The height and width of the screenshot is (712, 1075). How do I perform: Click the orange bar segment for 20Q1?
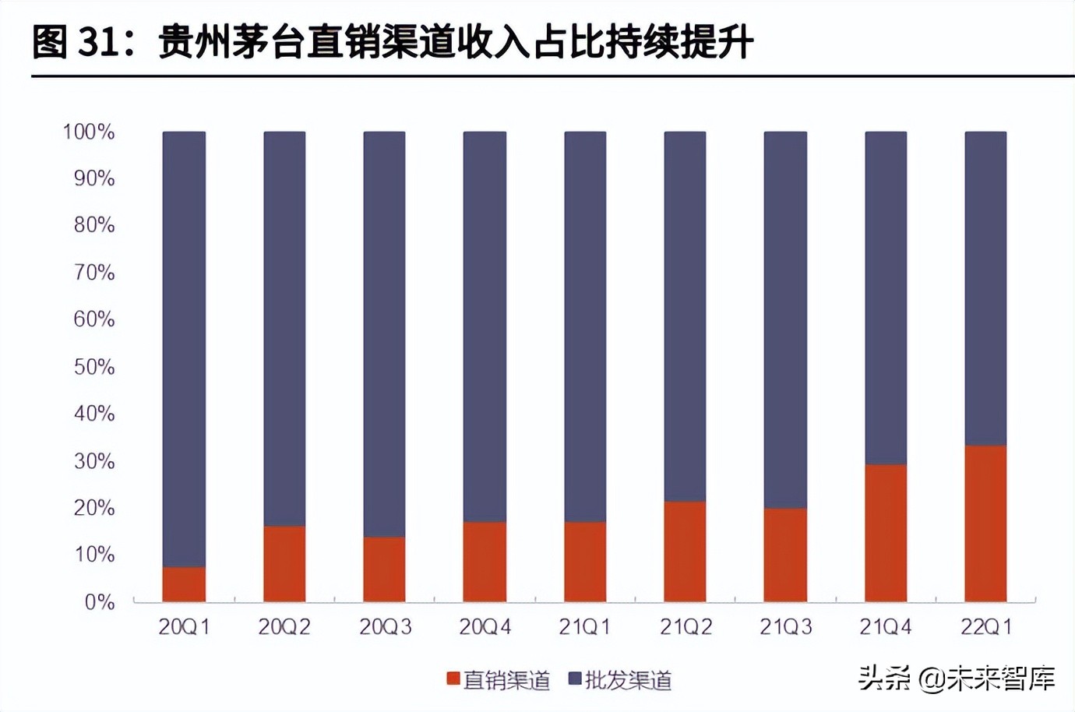[x=184, y=584]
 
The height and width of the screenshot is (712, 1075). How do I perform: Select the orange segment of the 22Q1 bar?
[x=985, y=523]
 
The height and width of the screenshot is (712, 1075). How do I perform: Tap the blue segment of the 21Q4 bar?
[x=886, y=298]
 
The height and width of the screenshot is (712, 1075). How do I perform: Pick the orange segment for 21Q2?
[x=685, y=552]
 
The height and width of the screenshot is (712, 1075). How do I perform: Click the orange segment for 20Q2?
[x=284, y=564]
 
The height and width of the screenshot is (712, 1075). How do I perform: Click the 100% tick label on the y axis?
[x=89, y=132]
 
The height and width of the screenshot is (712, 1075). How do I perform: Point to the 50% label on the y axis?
[x=94, y=367]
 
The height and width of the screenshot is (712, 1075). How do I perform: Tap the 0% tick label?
[x=100, y=602]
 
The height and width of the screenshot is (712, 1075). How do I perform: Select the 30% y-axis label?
[x=94, y=461]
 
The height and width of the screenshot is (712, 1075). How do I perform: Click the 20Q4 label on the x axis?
[x=485, y=627]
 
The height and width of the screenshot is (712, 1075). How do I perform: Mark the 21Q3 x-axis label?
[x=785, y=627]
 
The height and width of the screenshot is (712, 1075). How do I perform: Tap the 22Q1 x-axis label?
[x=985, y=627]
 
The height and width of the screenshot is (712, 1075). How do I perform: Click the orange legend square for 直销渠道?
[x=453, y=679]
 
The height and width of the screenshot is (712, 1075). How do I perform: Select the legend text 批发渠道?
[x=628, y=680]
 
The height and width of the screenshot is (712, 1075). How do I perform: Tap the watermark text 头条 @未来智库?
[x=957, y=679]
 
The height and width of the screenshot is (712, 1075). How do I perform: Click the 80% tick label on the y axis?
[x=94, y=225]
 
